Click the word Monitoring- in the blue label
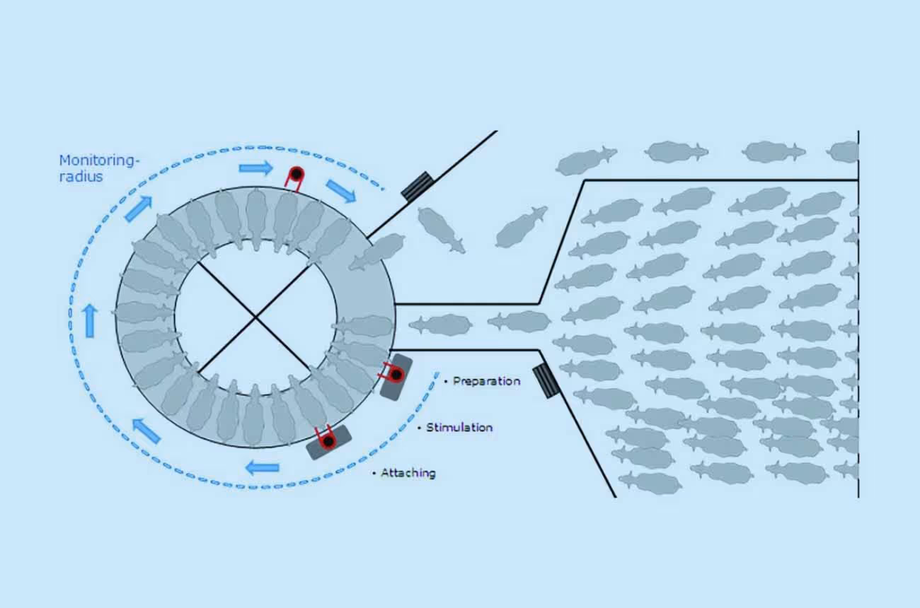99,160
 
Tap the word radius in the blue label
81,177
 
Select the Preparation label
486,381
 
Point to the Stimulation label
459,427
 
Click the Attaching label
408,473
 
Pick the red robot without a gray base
294,175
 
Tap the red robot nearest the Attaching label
326,440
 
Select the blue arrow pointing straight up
90,322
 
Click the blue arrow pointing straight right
255,168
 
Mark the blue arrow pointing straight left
262,467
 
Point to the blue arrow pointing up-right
139,209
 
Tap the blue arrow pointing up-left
146,431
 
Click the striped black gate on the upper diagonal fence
417,186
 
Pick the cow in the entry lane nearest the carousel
440,325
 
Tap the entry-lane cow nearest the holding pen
519,322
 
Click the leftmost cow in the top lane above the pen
586,160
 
